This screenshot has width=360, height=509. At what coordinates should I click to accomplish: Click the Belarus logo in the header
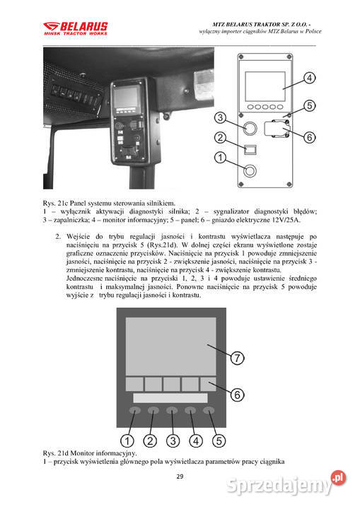pyautogui.click(x=75, y=29)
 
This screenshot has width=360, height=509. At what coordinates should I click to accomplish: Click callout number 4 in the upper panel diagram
pyautogui.click(x=310, y=77)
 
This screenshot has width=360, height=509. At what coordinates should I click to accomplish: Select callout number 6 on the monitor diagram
pyautogui.click(x=238, y=394)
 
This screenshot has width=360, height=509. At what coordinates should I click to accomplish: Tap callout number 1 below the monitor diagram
pyautogui.click(x=130, y=440)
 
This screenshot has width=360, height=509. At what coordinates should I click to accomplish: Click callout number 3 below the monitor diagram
pyautogui.click(x=170, y=440)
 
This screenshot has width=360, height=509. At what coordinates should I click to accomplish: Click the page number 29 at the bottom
pyautogui.click(x=180, y=477)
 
